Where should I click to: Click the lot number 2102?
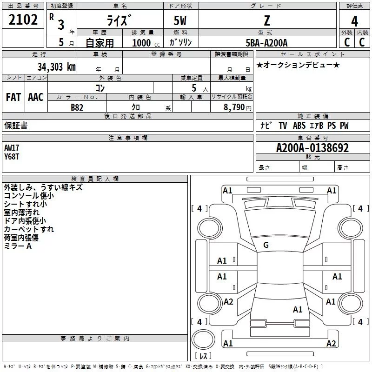23,20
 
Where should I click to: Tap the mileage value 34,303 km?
56,67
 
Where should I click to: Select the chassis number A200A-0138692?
312,148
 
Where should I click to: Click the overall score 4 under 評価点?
354,21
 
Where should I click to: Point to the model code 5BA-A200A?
266,43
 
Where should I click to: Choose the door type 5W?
180,20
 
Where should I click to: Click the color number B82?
77,107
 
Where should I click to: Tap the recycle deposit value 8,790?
234,107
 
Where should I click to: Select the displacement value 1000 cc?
146,43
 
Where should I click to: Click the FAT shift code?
13,97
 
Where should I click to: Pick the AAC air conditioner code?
36,97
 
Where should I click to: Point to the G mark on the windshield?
266,245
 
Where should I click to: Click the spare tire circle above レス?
203,339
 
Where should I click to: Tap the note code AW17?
12,148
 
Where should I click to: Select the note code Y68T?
12,157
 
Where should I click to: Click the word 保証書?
16,125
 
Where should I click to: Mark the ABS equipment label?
299,126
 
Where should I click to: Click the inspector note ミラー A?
18,246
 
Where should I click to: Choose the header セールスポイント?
312,54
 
